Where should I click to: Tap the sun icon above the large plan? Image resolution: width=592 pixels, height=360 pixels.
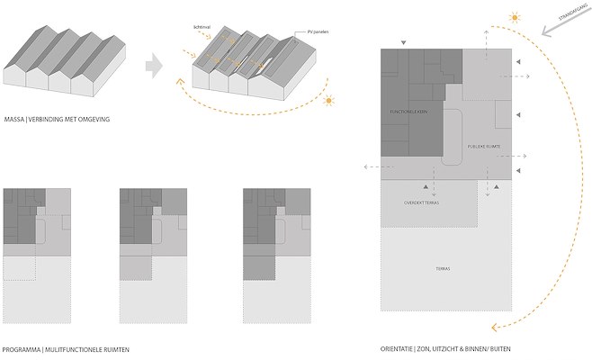[x=514, y=17]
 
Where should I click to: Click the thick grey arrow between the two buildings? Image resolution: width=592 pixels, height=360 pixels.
[x=155, y=65]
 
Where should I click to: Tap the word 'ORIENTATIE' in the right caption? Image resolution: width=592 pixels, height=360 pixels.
[x=397, y=347]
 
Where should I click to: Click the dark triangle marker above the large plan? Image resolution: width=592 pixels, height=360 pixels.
[x=402, y=41]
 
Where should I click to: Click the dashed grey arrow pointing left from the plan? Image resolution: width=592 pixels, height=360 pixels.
[x=369, y=166]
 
